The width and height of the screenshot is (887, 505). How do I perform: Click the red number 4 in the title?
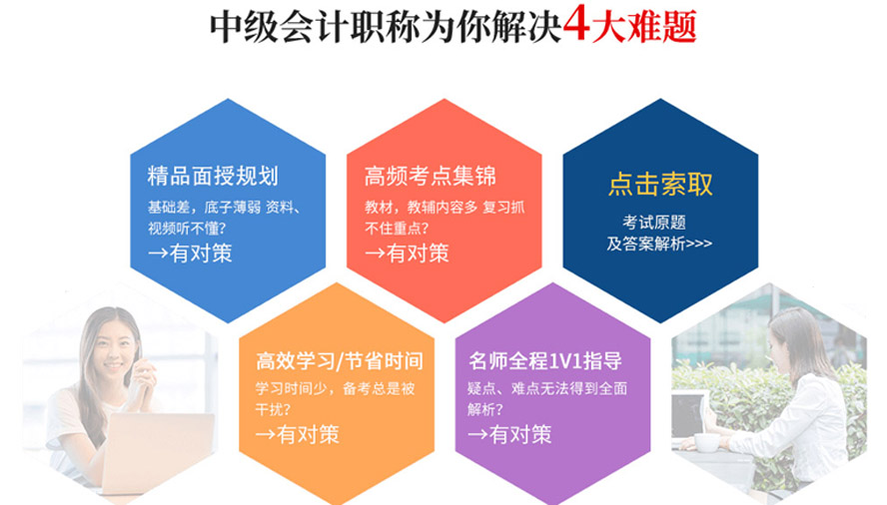(576, 24)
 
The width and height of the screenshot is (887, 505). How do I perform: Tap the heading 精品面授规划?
(213, 176)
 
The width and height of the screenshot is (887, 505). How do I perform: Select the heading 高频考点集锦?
(430, 176)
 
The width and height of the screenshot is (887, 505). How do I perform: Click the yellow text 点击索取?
(660, 185)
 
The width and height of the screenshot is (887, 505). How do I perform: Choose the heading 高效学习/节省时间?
(340, 361)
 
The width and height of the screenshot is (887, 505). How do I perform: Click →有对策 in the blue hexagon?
(190, 252)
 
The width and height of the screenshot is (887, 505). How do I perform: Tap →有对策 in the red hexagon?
(407, 252)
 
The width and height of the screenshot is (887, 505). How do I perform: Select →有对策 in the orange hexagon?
(298, 434)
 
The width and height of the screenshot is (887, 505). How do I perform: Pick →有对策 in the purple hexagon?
(509, 434)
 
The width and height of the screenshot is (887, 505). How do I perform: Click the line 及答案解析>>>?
(659, 244)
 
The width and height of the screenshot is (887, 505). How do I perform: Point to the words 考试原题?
(654, 223)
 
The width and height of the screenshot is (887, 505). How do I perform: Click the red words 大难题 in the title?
(643, 25)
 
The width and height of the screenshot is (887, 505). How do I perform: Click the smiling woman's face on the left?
(113, 346)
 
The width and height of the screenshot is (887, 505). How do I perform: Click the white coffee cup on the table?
(707, 443)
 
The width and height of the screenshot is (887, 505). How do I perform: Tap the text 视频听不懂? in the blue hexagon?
(187, 229)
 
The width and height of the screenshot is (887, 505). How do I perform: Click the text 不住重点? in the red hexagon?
(397, 229)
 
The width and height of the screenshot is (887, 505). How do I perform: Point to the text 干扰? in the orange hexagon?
(274, 409)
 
